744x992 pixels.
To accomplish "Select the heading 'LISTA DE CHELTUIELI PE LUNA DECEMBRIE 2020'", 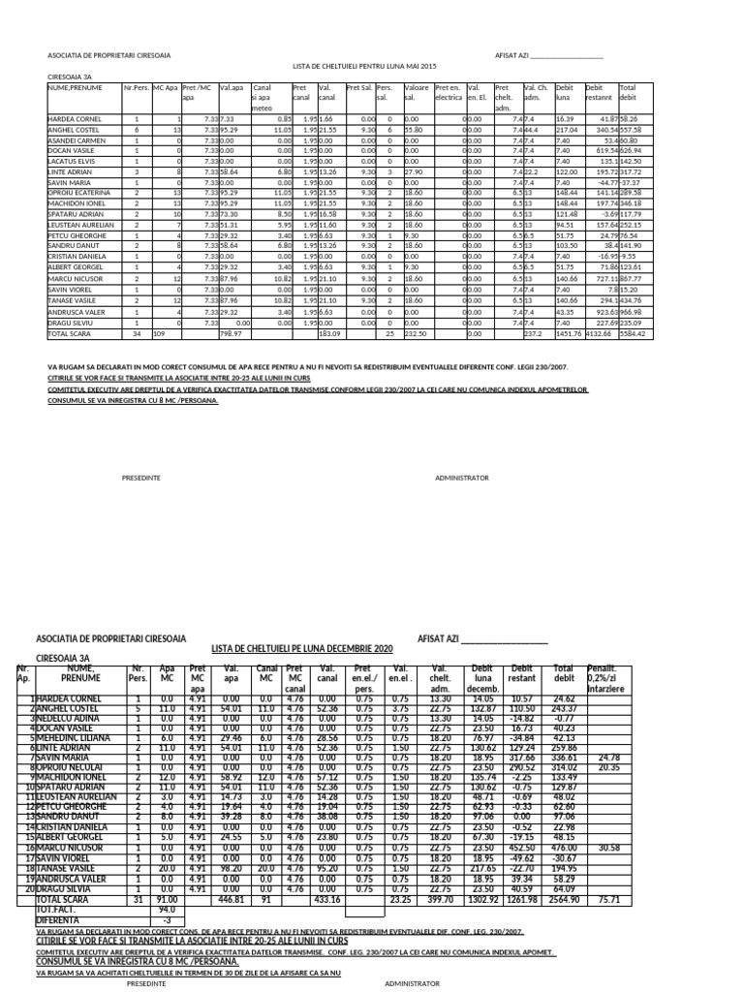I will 302,647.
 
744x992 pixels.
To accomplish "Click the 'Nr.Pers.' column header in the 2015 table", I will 137,87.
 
